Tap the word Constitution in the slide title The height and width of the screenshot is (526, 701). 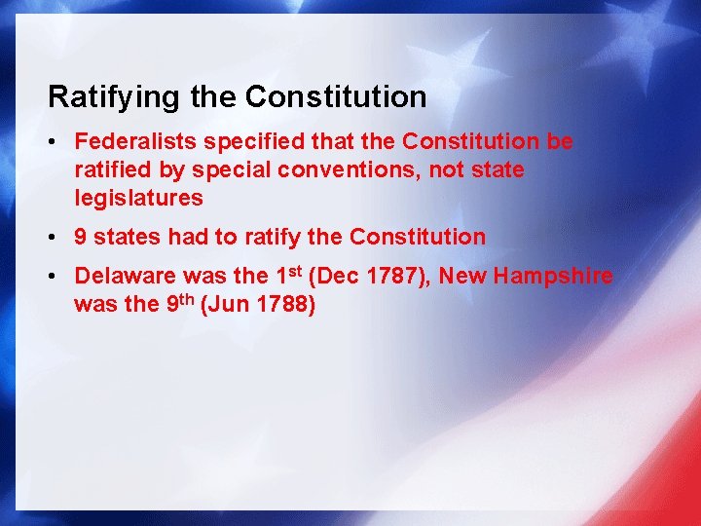tap(336, 97)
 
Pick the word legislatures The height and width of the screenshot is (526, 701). tap(138, 199)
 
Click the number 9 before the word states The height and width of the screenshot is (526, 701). tap(81, 237)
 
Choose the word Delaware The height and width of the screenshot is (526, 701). tap(124, 277)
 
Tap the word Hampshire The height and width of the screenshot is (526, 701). tap(553, 277)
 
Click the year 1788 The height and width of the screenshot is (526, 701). tap(288, 305)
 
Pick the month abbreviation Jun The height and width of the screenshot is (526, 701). tap(235, 305)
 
